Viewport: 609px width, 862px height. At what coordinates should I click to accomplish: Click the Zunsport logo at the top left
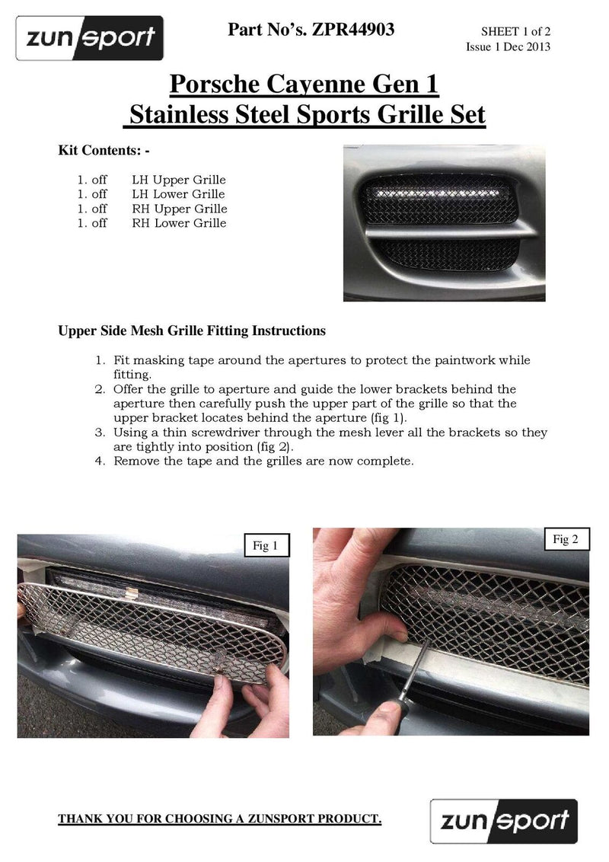[x=90, y=37]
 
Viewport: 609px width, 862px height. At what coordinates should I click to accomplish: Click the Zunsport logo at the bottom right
[x=503, y=821]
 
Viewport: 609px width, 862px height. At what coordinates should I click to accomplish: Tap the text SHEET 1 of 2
[x=515, y=32]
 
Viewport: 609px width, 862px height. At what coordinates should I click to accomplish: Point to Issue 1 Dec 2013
[x=508, y=47]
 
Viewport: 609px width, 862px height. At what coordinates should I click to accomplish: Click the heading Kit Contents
[x=104, y=151]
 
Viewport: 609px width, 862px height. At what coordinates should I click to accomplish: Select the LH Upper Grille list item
[x=178, y=180]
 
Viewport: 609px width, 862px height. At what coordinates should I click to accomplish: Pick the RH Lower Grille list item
[x=178, y=223]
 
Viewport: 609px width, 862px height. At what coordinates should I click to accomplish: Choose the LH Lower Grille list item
[x=178, y=194]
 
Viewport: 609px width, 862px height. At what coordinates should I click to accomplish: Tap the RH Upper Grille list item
[x=179, y=209]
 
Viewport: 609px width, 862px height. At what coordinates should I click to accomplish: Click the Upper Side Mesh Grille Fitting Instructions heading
[x=192, y=331]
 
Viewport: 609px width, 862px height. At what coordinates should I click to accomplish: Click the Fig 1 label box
[x=264, y=545]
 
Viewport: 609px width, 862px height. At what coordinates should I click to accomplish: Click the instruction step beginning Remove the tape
[x=263, y=461]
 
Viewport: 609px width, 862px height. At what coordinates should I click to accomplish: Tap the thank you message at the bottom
[x=220, y=819]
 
